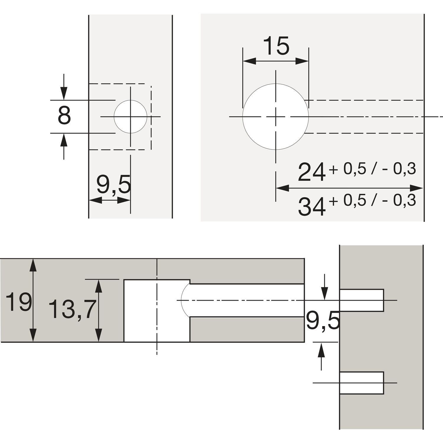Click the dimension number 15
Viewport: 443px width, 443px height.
tap(276, 46)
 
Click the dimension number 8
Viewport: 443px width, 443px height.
tap(64, 116)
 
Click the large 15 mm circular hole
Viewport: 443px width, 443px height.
tap(276, 117)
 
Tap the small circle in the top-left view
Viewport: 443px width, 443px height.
tap(130, 117)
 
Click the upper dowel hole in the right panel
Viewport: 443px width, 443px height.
tap(362, 300)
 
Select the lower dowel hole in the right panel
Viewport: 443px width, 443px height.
tap(362, 383)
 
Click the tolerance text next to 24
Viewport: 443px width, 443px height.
tap(372, 169)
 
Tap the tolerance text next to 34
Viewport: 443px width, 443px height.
tap(372, 201)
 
